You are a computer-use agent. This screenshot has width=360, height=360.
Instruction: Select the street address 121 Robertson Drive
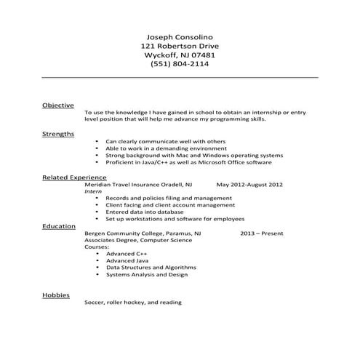click(179, 46)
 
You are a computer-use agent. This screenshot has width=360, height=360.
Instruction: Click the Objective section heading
click(57, 105)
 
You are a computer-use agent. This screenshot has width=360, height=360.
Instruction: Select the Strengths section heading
click(58, 135)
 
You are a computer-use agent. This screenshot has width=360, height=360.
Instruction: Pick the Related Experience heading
click(74, 177)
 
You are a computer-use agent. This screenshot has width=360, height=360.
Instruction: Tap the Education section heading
click(59, 226)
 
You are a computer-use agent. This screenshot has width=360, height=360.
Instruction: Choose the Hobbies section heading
click(56, 295)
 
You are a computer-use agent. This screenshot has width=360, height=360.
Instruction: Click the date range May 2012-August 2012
click(249, 185)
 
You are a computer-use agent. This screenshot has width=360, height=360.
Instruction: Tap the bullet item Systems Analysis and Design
click(147, 274)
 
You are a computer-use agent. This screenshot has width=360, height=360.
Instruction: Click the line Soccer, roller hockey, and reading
click(132, 302)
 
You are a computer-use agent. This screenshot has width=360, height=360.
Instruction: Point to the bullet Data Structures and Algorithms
click(151, 267)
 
